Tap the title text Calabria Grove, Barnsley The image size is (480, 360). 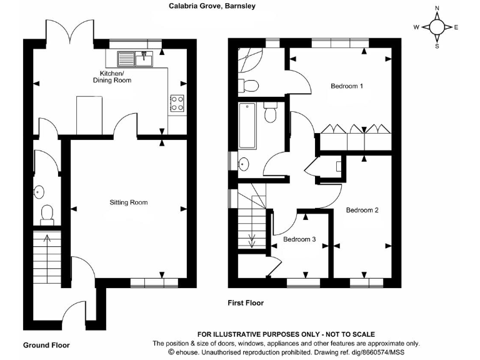212,6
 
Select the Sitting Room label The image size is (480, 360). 129,202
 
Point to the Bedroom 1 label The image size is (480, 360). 347,86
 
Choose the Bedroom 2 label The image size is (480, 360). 362,210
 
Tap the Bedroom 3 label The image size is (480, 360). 299,239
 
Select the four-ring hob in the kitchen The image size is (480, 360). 177,102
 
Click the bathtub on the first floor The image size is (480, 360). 247,126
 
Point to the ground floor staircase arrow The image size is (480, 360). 46,237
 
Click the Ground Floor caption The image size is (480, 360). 46,345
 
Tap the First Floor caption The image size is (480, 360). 245,303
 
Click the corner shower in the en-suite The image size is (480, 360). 250,60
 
